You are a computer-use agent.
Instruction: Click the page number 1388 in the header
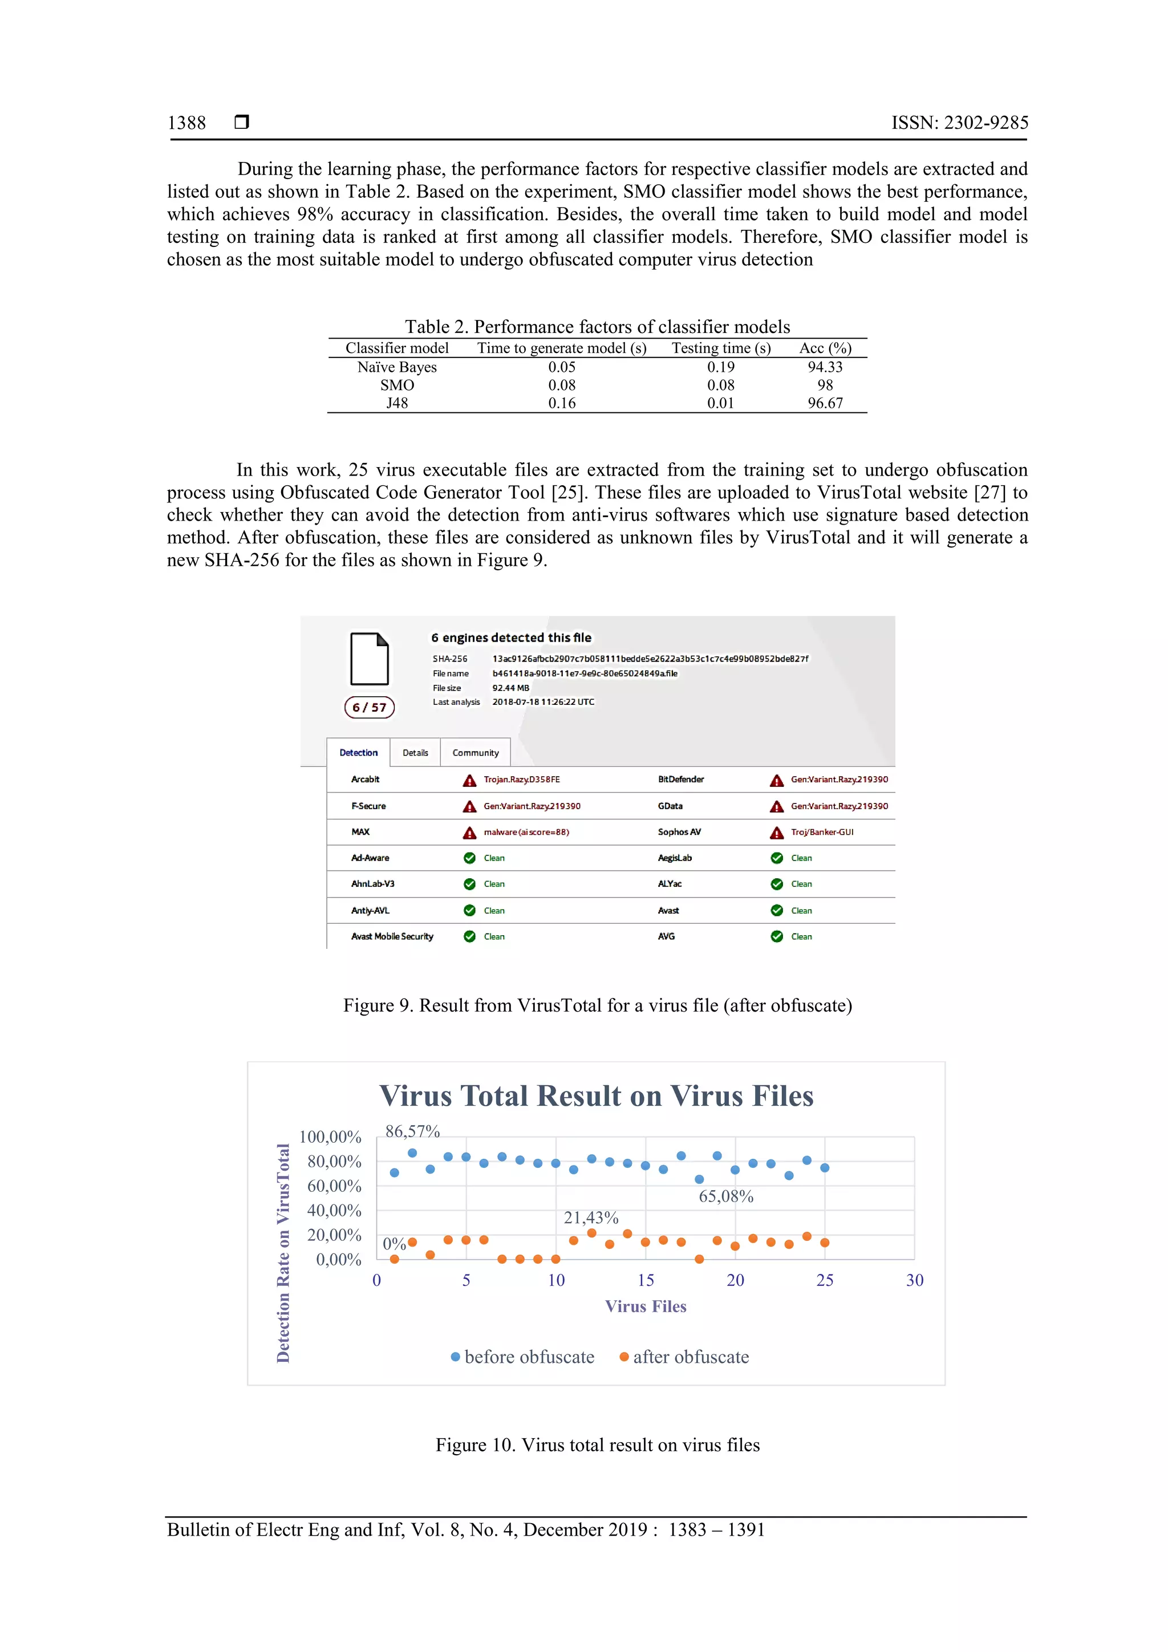tap(186, 123)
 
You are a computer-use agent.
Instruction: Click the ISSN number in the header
tap(959, 123)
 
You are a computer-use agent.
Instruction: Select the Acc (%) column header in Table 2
tap(825, 348)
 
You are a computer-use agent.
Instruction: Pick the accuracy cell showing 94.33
tap(825, 367)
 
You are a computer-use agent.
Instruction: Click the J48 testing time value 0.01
tap(720, 404)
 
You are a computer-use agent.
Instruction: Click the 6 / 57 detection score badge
tap(369, 707)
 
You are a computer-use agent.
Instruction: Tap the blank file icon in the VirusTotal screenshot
tap(369, 659)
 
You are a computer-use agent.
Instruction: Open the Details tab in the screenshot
tap(415, 753)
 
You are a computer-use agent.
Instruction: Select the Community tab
tap(475, 753)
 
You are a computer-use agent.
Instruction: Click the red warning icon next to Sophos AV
tap(777, 833)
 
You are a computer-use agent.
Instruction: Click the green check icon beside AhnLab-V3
tap(469, 884)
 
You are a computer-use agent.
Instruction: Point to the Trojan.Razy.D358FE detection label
tap(521, 780)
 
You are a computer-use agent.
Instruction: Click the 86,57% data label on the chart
tap(412, 1131)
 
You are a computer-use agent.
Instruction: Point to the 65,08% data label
tap(725, 1196)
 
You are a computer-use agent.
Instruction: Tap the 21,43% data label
tap(591, 1217)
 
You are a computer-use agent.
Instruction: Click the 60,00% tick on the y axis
tap(334, 1186)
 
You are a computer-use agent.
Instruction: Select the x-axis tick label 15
tap(646, 1280)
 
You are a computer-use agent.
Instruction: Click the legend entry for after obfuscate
tap(684, 1357)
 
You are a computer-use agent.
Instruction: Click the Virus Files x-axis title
tap(646, 1306)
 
